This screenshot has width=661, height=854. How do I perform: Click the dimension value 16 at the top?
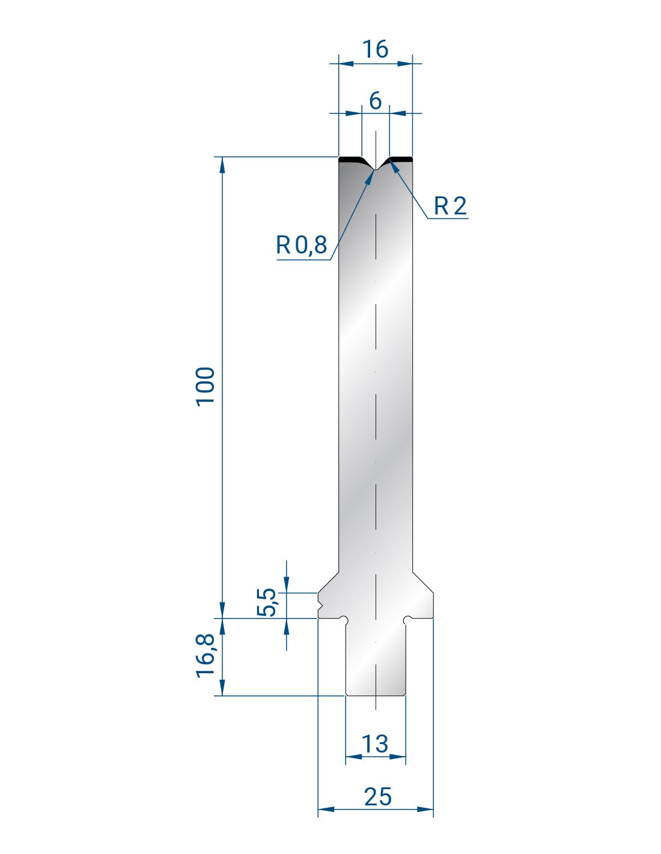(375, 49)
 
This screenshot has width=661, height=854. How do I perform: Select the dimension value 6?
(375, 101)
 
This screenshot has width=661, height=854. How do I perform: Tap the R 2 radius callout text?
(450, 205)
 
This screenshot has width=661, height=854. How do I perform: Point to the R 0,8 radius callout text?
(301, 244)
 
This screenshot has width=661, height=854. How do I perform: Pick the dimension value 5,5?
(267, 602)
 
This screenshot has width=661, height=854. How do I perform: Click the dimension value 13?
(375, 744)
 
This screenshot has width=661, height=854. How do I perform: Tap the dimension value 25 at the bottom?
(378, 797)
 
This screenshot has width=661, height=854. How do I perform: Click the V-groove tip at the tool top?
(376, 170)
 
